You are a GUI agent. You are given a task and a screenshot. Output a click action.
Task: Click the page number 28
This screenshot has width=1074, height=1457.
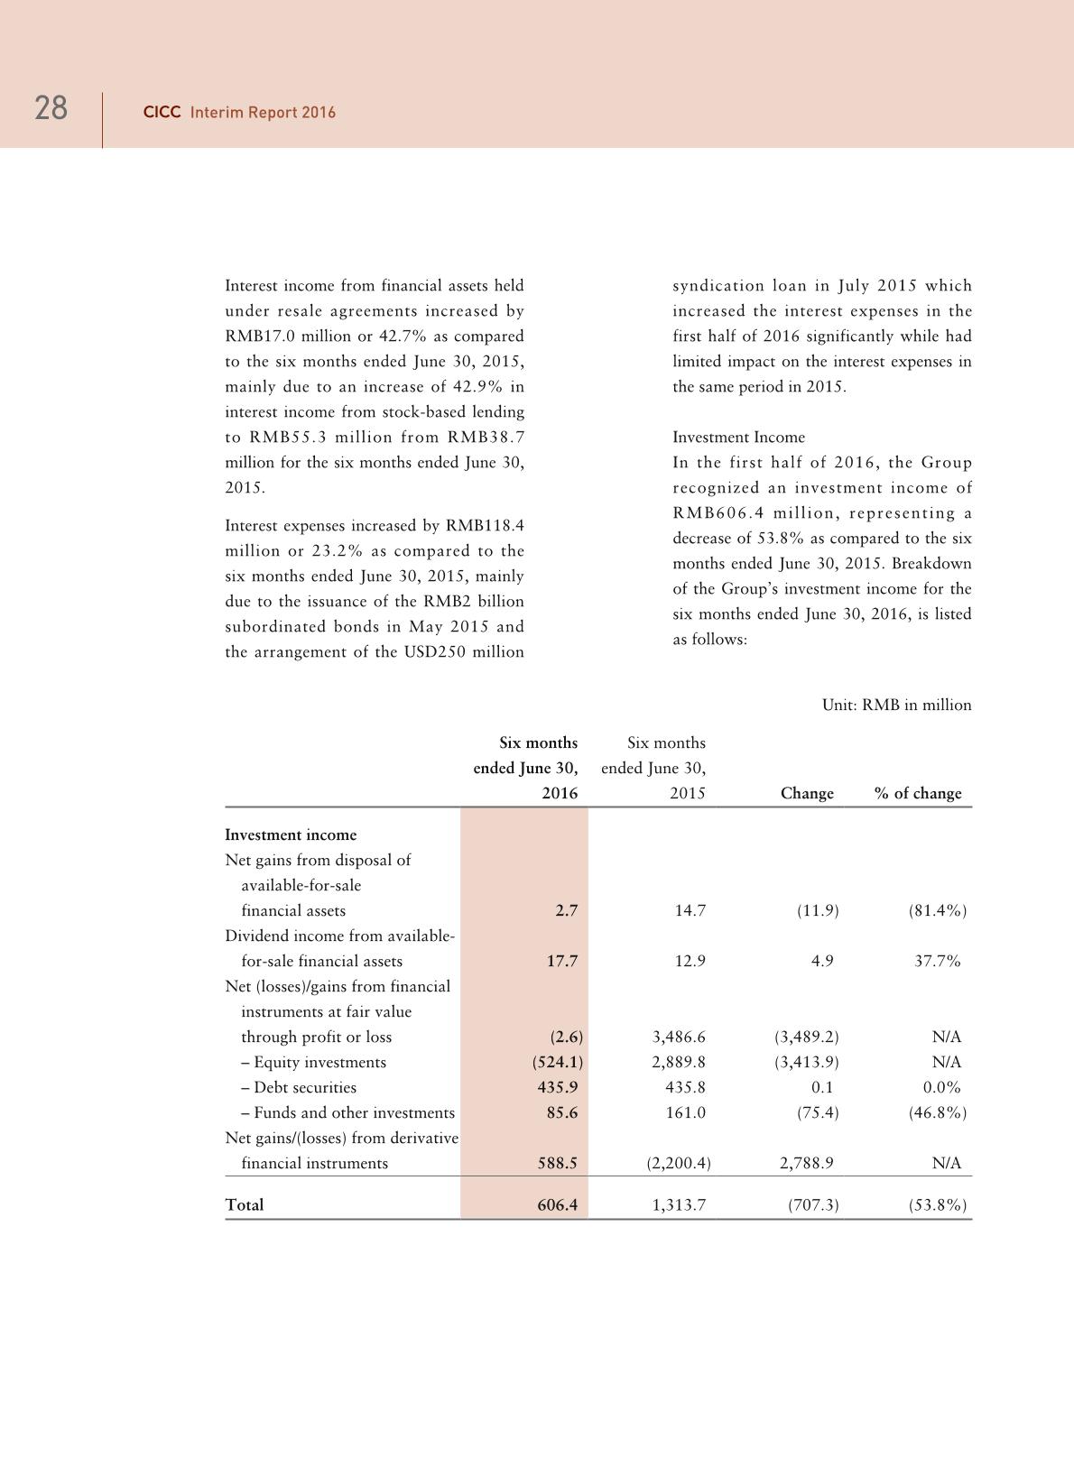click(x=51, y=108)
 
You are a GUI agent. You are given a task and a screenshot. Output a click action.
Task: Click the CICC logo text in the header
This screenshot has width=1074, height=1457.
click(x=162, y=113)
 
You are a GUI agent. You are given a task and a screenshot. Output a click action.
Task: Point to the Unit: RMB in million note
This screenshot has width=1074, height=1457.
click(x=896, y=705)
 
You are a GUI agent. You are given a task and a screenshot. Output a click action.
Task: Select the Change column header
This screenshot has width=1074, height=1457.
click(x=807, y=793)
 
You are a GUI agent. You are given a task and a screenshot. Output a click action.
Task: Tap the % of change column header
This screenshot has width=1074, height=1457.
click(x=918, y=793)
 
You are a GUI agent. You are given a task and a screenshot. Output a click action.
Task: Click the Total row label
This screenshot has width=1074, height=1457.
click(x=245, y=1204)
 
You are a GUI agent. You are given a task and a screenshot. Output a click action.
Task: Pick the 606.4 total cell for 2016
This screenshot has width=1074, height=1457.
click(x=557, y=1204)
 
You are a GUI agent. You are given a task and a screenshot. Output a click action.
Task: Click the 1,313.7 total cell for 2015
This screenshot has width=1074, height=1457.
click(x=679, y=1204)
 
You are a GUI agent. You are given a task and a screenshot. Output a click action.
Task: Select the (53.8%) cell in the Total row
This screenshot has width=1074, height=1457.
click(x=938, y=1204)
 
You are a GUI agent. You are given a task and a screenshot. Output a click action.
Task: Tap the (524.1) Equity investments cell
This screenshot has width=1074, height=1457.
click(x=557, y=1062)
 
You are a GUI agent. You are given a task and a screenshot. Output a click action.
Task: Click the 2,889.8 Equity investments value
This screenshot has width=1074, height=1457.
click(x=679, y=1062)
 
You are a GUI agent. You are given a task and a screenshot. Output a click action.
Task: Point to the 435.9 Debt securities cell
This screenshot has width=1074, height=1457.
click(x=558, y=1087)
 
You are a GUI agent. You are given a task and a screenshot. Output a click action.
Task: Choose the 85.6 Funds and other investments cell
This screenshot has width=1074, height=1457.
click(x=561, y=1112)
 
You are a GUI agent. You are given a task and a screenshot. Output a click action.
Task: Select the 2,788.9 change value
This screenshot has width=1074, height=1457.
click(x=806, y=1163)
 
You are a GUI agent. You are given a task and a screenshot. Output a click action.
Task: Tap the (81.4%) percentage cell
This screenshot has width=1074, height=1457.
click(x=938, y=910)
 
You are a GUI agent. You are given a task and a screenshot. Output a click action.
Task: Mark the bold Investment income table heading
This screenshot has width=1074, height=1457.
click(x=291, y=835)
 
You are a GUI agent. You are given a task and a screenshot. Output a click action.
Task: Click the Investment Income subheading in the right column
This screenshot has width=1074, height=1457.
click(x=738, y=438)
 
